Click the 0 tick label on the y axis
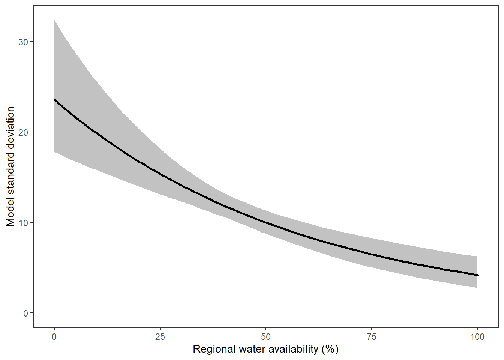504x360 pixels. pos(25,313)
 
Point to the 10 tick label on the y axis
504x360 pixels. pos(23,223)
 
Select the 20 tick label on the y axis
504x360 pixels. pos(23,132)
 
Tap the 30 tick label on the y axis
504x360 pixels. pos(23,42)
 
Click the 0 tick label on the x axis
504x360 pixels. pos(54,337)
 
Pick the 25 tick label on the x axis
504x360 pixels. pos(160,337)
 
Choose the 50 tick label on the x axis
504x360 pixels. pos(266,337)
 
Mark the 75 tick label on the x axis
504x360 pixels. pos(372,337)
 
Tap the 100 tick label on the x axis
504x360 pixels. pos(477,337)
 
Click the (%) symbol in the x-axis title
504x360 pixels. pos(330,349)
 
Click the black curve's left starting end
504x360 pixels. pos(55,100)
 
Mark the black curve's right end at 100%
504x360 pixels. pos(477,275)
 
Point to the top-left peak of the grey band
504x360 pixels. pos(55,21)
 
